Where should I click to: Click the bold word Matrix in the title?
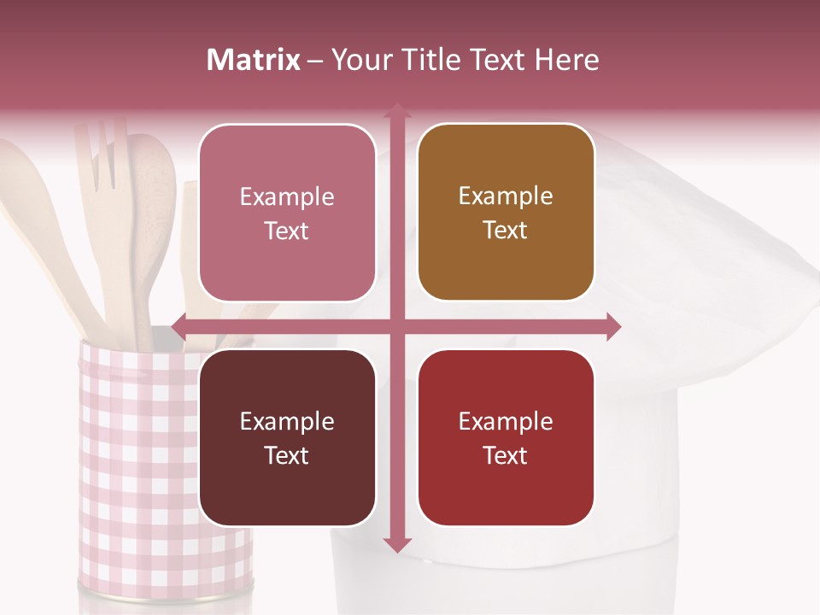tap(254, 60)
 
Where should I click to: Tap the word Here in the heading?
tap(566, 60)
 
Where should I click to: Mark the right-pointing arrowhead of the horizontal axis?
tap(612, 326)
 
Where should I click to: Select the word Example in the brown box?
tap(506, 196)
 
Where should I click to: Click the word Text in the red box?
tap(506, 455)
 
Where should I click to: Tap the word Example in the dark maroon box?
tap(287, 422)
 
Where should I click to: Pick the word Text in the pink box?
tap(287, 231)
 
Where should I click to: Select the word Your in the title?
tap(359, 60)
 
